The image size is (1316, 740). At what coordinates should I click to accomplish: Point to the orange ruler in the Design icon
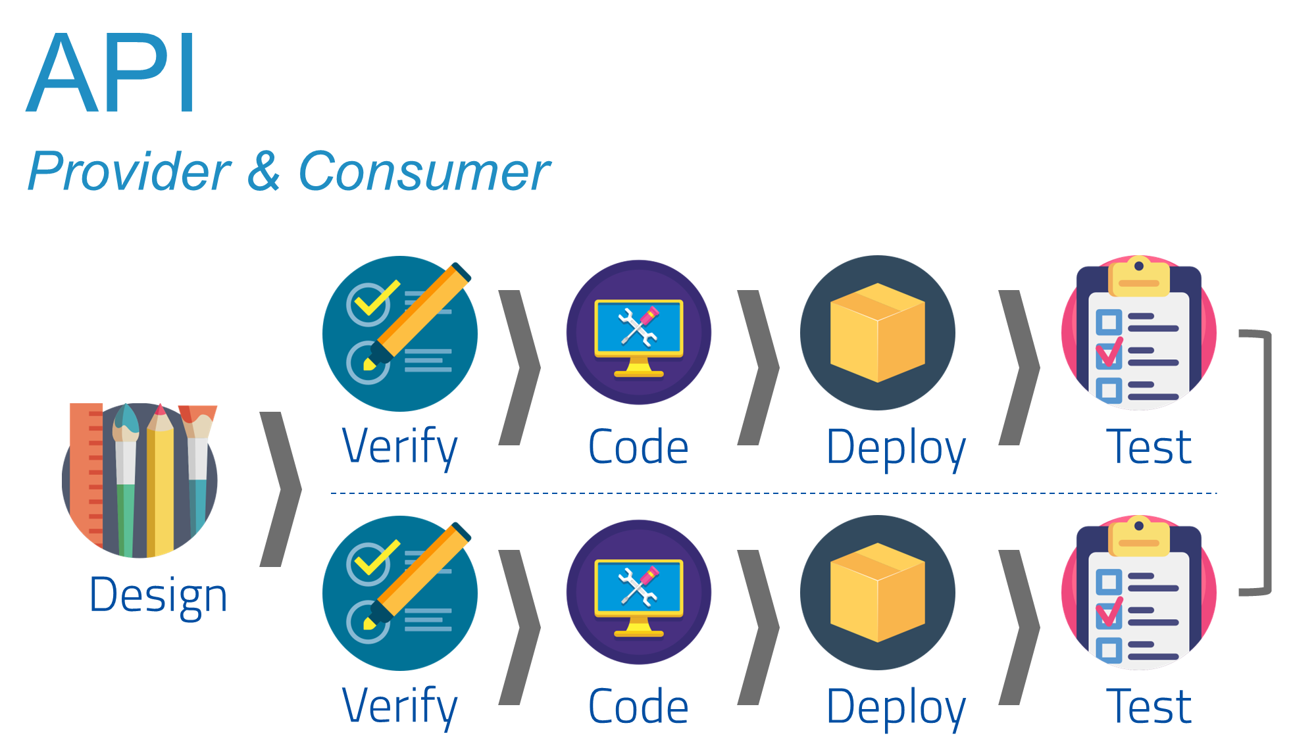tap(86, 474)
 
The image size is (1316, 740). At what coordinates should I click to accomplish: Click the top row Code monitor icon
tap(638, 332)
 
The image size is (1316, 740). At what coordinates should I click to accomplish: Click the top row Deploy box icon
tap(877, 332)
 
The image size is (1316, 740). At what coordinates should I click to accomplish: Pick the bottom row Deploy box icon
tap(877, 592)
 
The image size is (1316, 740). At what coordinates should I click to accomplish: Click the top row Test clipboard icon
tap(1138, 332)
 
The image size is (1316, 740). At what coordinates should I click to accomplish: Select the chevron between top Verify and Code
tap(520, 367)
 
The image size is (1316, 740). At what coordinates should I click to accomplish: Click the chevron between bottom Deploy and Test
tap(1019, 627)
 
